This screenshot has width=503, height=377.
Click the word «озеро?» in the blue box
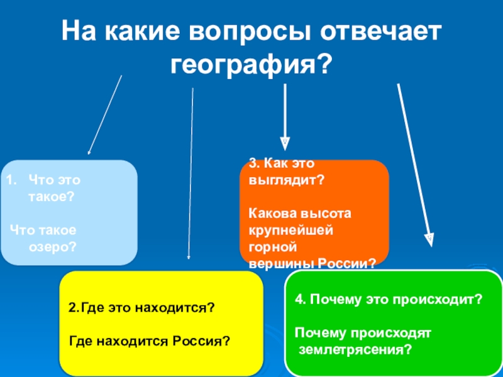(x=53, y=247)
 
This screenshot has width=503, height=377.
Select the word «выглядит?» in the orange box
(x=285, y=179)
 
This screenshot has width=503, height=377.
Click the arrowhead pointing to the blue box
(x=89, y=151)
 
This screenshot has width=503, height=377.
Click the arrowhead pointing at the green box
(x=429, y=240)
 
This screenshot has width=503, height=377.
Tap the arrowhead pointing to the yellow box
(x=189, y=257)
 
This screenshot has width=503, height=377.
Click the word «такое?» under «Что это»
(x=52, y=197)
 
